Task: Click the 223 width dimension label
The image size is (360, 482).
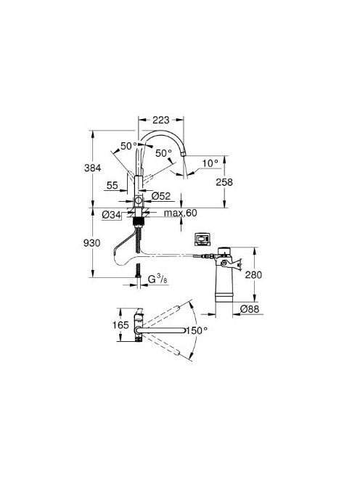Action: click(x=161, y=120)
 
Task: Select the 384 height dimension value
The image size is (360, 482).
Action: click(x=92, y=168)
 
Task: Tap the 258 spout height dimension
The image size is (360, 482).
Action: click(x=224, y=182)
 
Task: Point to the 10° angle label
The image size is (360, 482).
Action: click(x=210, y=163)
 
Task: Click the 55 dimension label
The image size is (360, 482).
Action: click(x=112, y=185)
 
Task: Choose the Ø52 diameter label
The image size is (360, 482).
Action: click(x=161, y=196)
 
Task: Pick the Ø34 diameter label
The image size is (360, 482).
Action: click(x=111, y=215)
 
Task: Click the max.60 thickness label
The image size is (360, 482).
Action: click(x=180, y=213)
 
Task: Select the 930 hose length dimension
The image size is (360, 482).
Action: click(x=92, y=243)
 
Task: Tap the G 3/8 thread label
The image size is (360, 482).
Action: click(x=157, y=279)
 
